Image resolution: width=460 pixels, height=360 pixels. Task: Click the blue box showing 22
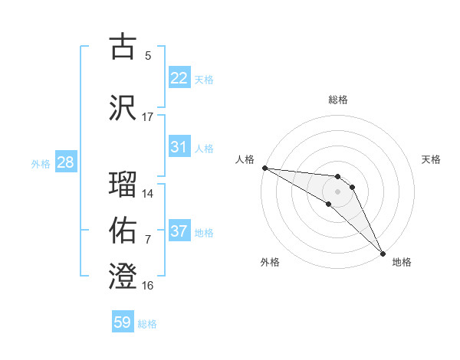179,78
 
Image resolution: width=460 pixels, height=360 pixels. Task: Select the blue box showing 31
179,147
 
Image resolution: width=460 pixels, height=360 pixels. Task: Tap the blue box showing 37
179,231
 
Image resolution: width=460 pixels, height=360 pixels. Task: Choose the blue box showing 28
65,162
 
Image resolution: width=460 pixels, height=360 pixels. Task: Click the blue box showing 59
123,322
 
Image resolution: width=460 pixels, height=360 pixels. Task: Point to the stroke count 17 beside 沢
148,117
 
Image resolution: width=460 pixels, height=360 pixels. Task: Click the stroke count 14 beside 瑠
148,193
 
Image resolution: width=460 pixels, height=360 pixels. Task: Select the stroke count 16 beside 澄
148,286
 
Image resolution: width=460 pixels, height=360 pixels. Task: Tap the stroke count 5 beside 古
148,56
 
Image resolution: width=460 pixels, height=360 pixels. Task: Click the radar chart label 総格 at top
337,100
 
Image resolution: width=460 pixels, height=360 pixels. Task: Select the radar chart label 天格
432,159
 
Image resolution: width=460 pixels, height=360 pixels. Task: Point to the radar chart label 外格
270,262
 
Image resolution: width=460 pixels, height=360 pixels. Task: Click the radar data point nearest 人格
264,167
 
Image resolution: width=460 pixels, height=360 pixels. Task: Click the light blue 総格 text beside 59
147,324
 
